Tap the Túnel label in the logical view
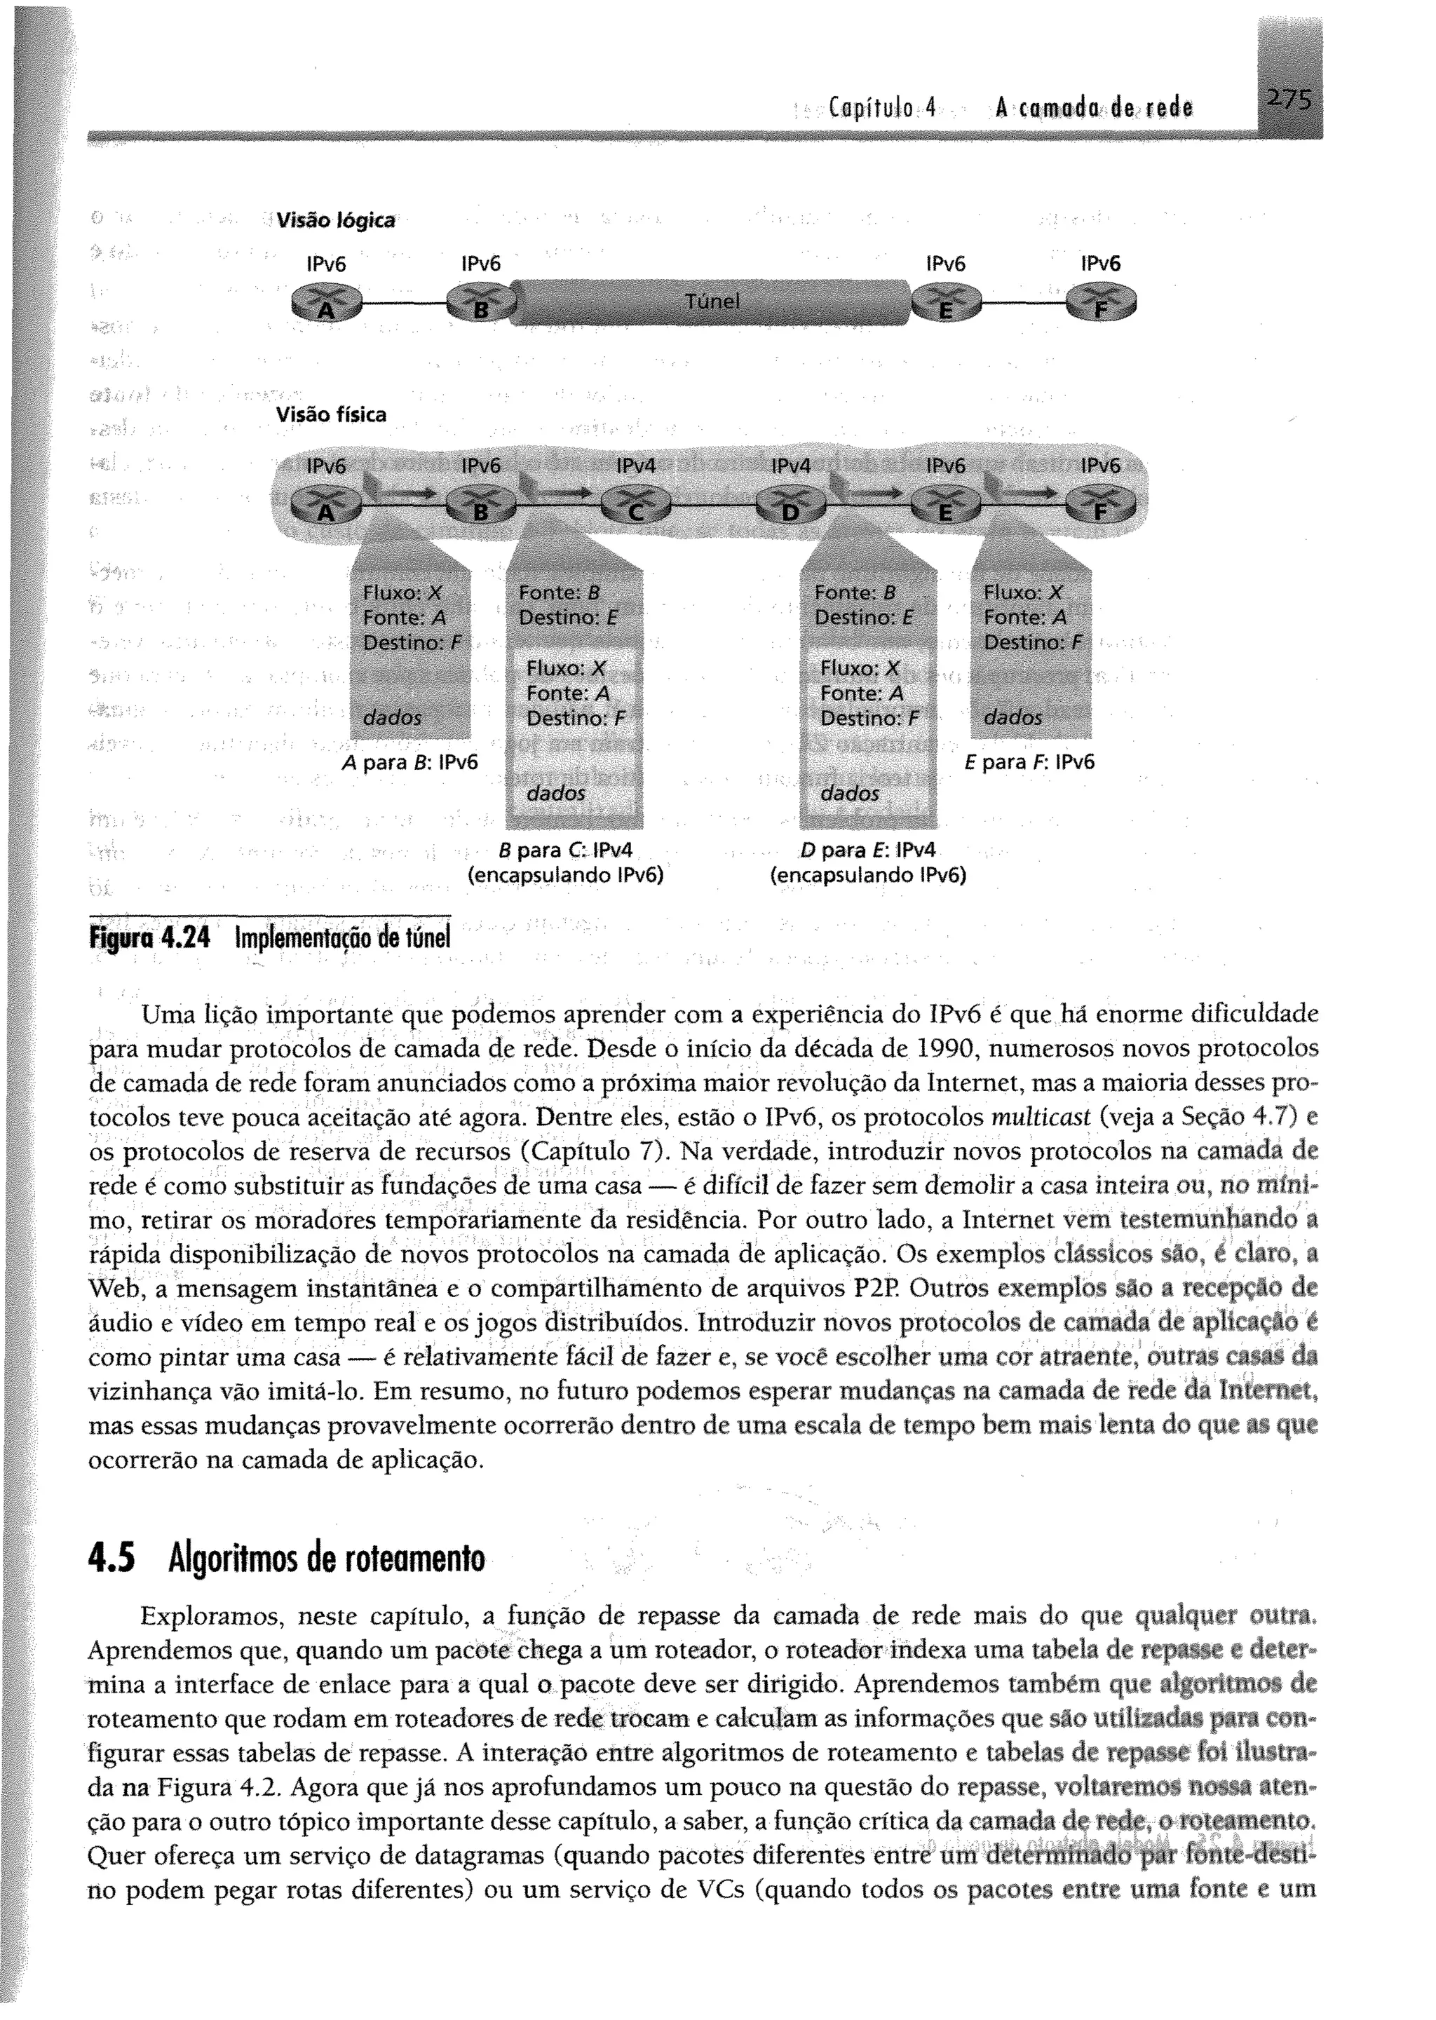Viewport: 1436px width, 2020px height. (712, 301)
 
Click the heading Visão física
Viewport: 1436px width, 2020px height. (331, 414)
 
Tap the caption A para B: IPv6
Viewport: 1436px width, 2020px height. (409, 762)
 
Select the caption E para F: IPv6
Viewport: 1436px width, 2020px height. (1027, 762)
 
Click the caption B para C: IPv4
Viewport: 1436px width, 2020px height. (566, 851)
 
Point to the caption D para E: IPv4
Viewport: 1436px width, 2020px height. (867, 851)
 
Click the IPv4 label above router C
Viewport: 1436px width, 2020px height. (636, 466)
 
